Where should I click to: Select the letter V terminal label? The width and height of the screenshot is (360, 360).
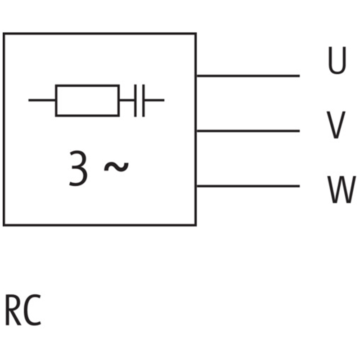[336, 126]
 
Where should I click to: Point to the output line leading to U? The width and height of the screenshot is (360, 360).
[247, 76]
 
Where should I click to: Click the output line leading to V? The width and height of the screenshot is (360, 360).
[247, 131]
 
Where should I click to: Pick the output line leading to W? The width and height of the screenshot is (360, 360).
[247, 186]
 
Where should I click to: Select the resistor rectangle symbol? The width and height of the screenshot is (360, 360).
[87, 100]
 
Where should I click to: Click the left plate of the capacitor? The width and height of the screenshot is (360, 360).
[135, 100]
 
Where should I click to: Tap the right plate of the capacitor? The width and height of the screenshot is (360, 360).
[143, 100]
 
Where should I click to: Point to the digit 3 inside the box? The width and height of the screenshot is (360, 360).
[78, 169]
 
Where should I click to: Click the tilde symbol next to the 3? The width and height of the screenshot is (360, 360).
[116, 167]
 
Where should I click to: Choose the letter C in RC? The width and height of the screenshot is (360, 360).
[32, 310]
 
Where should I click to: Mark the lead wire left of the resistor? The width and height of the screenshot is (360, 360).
[42, 100]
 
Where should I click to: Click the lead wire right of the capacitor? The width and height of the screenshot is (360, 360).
[154, 100]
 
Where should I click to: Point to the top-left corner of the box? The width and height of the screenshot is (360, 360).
[4, 34]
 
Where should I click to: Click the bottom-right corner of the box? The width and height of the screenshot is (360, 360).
[196, 225]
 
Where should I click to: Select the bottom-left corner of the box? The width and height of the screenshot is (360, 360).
[4, 225]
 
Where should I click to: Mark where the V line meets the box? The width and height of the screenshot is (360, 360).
[196, 131]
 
